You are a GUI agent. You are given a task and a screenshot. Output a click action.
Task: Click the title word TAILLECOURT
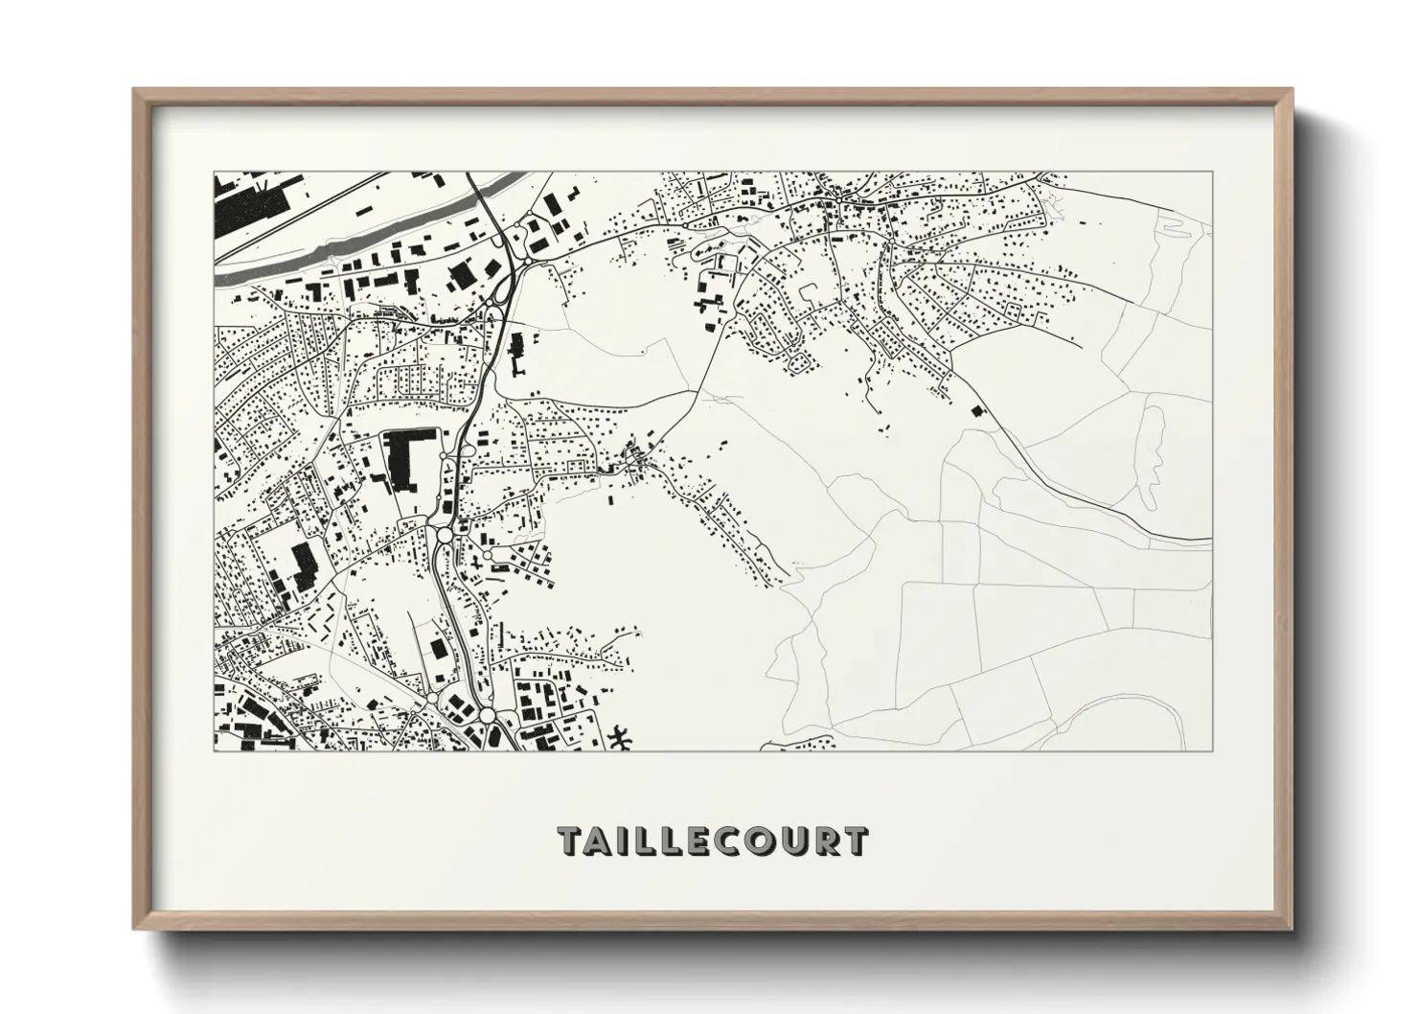[x=714, y=841]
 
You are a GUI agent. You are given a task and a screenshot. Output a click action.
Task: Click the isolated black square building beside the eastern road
[x=977, y=411]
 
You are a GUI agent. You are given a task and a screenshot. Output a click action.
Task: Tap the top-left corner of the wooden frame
[x=136, y=92]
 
